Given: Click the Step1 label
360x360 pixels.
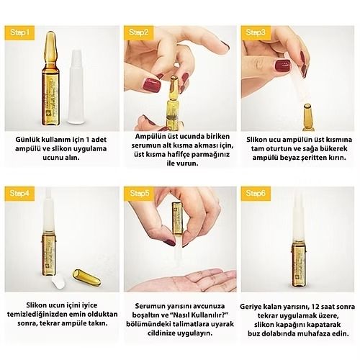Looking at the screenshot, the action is point(19,32).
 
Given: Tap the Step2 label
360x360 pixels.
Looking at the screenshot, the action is point(138,32).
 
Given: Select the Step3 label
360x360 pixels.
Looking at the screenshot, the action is point(256,32).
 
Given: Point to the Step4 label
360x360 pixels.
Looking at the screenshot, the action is point(19,193).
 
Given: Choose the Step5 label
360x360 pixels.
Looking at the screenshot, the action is point(139,193).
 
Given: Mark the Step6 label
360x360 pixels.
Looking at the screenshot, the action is point(256,193).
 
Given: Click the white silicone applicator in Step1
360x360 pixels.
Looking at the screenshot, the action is point(76,87).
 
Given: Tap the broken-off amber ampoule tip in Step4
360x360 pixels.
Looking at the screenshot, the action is point(86,277).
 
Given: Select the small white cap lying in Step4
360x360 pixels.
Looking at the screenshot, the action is point(58,282).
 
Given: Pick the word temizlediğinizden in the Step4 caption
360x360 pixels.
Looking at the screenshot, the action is point(37,315).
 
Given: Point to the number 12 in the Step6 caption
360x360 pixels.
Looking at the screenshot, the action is point(316,307).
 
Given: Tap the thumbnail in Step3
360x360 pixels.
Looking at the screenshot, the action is point(282,66).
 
